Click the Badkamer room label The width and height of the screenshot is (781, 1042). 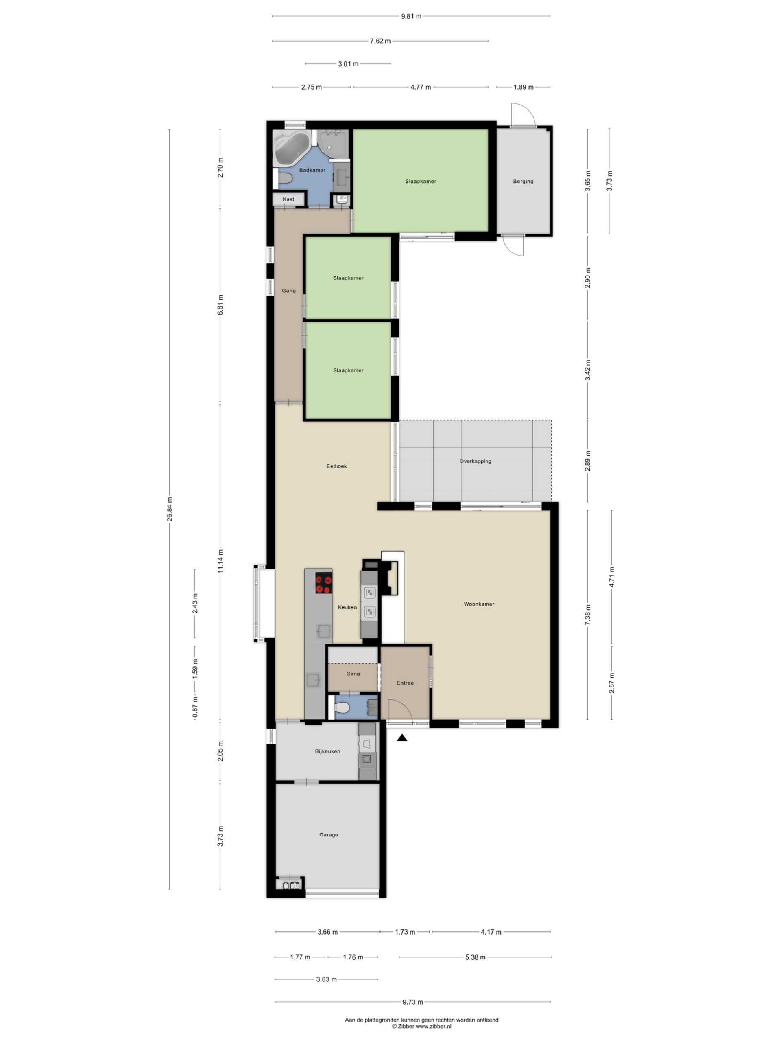click(312, 170)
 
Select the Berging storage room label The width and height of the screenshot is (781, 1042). click(523, 182)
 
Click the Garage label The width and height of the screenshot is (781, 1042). click(329, 835)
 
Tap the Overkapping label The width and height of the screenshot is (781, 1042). click(476, 461)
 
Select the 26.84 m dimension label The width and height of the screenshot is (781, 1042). click(170, 509)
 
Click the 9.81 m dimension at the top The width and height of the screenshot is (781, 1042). click(411, 16)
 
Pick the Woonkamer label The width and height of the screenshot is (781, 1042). click(479, 604)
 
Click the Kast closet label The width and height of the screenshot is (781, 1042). click(288, 199)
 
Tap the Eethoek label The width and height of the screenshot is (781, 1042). click(336, 466)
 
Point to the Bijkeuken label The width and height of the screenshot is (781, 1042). click(327, 751)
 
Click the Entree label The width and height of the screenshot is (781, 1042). click(405, 683)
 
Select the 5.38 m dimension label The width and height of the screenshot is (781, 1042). click(475, 957)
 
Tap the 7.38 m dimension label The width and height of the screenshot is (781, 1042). click(587, 615)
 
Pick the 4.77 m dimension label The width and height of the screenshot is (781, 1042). click(420, 87)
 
